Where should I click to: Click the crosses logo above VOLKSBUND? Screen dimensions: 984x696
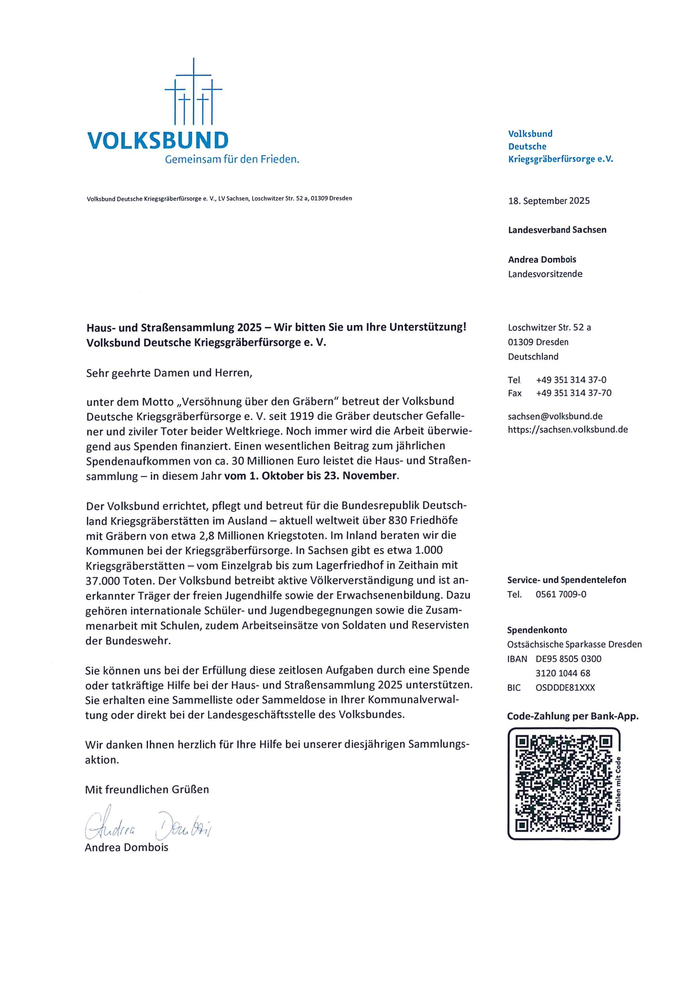193,92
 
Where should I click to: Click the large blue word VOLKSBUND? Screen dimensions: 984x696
158,140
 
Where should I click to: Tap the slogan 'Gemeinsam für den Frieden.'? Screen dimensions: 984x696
232,160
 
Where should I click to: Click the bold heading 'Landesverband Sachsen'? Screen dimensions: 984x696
557,230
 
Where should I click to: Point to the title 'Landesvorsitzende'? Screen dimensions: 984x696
545,274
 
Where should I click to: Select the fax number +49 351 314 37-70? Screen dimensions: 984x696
573,393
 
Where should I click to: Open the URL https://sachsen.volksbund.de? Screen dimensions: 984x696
567,429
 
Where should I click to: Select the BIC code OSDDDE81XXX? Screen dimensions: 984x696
565,688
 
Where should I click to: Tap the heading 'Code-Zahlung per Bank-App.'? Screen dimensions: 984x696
573,716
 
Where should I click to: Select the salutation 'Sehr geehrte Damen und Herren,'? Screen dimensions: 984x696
169,373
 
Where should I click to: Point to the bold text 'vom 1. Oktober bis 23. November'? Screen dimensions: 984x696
311,476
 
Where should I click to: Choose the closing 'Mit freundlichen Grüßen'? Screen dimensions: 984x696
146,789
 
